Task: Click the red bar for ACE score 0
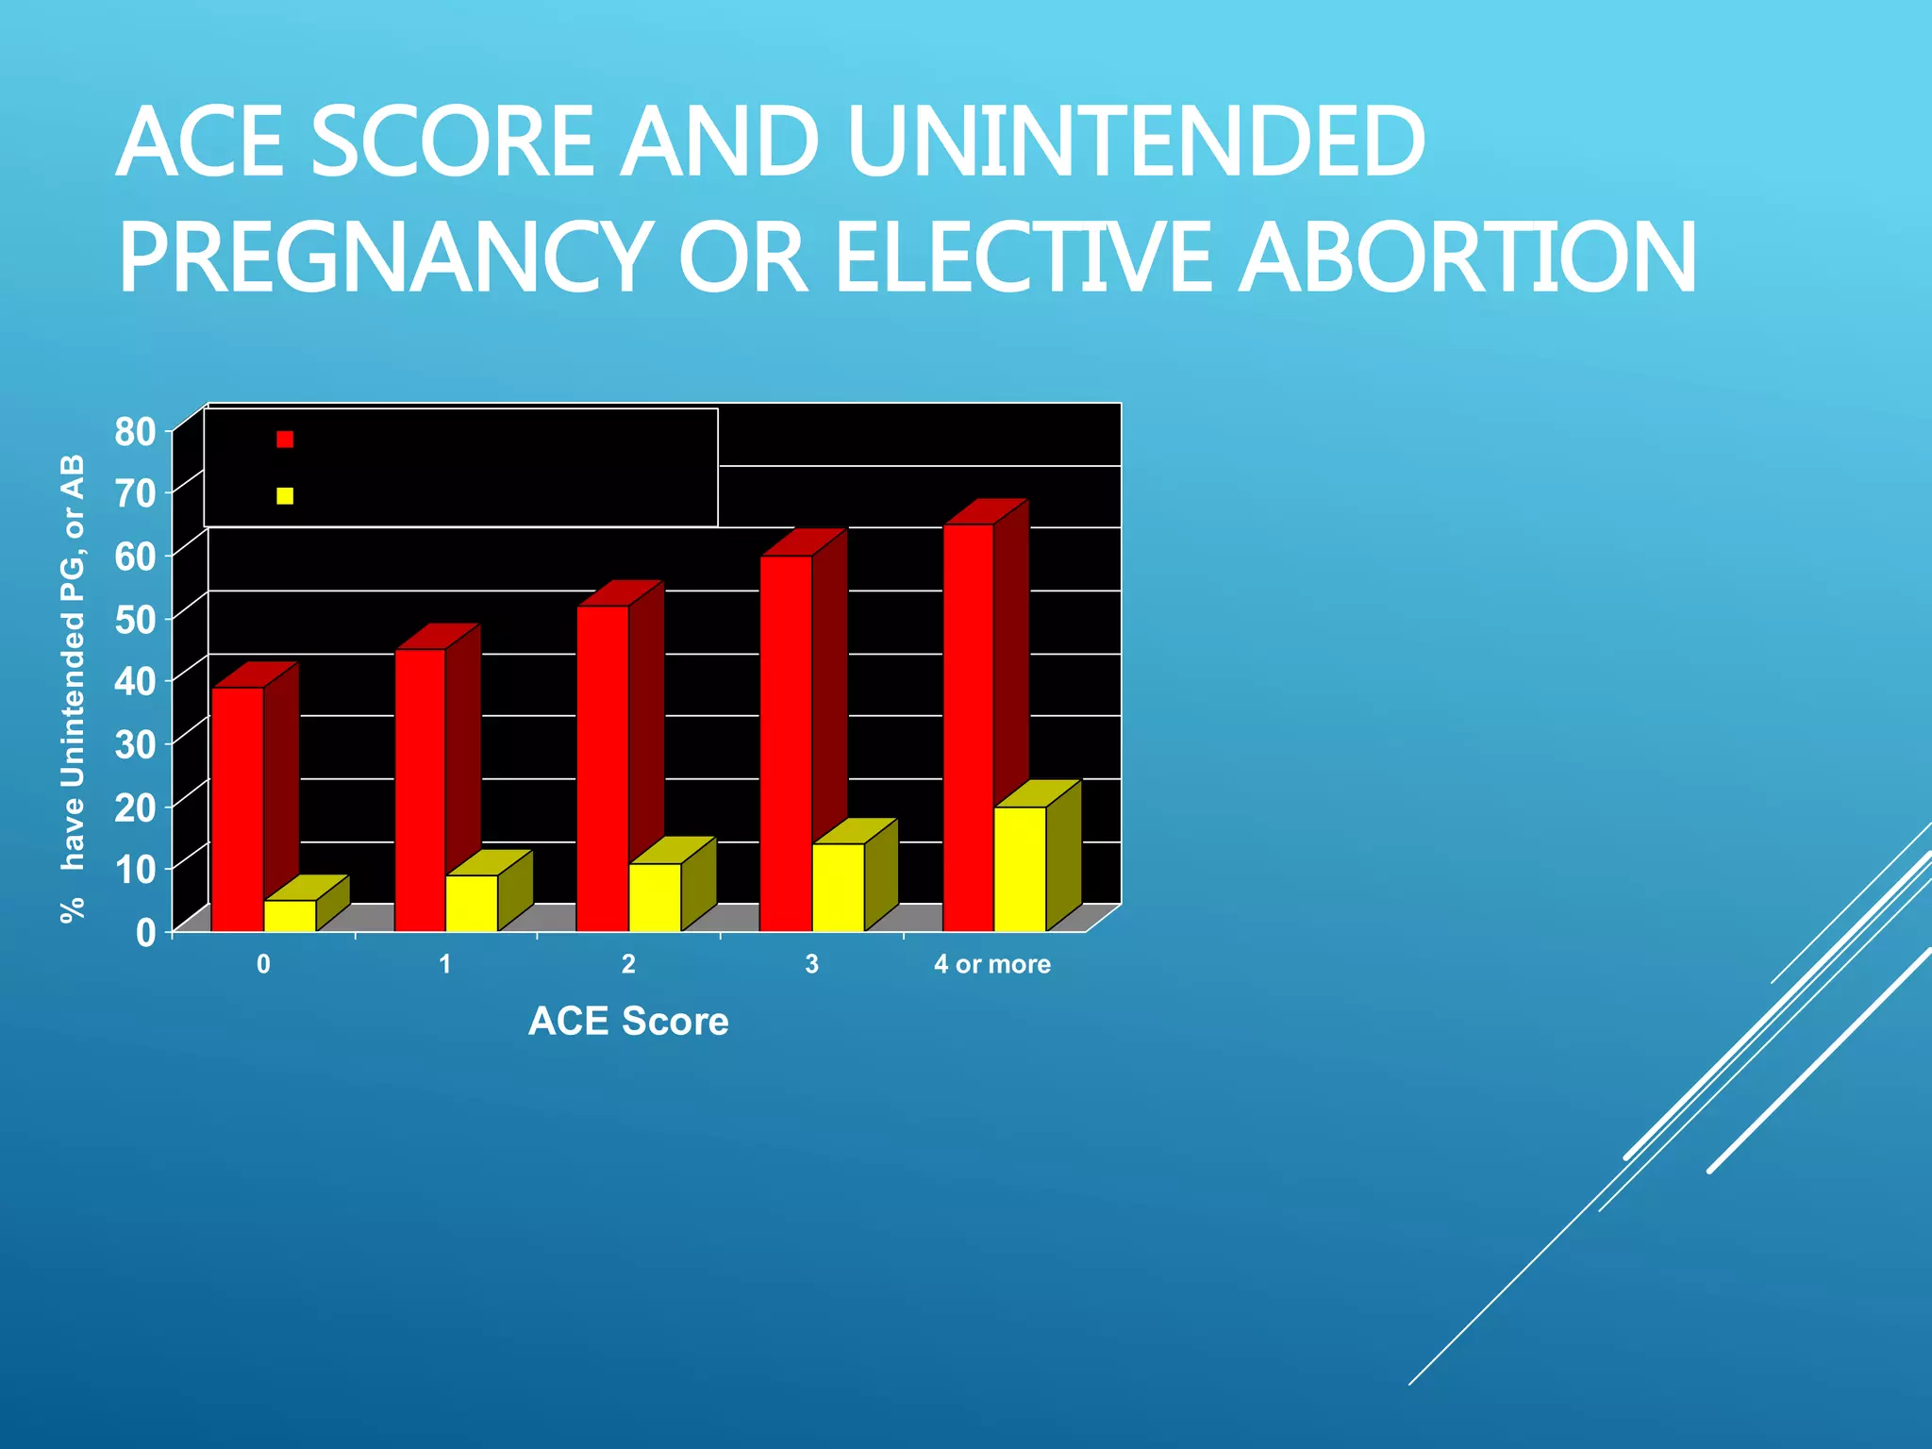tap(238, 808)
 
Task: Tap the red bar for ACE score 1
tap(420, 790)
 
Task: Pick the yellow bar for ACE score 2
tap(655, 897)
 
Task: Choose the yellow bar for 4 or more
tap(1020, 869)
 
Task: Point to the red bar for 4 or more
tap(969, 726)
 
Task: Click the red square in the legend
tap(285, 440)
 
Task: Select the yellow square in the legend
tap(285, 496)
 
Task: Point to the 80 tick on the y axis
tap(135, 432)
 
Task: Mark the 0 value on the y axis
tap(145, 933)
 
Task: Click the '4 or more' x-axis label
tap(992, 964)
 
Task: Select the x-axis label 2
tap(628, 964)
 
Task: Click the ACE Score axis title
tap(628, 1022)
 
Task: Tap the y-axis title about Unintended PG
tap(73, 689)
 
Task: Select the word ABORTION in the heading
tap(1467, 258)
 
